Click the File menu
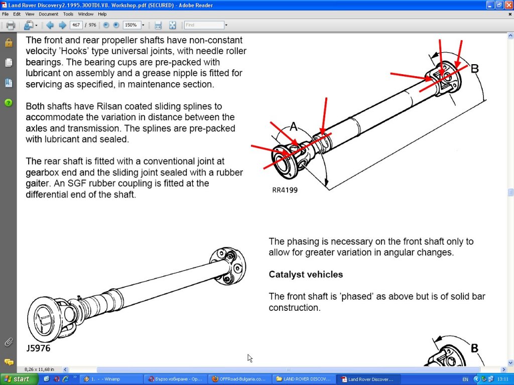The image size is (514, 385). [5, 14]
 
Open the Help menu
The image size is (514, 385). [102, 14]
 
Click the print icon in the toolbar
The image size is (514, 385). [11, 25]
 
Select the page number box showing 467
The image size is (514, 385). [76, 25]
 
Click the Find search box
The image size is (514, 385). [204, 25]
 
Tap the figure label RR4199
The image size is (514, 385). [285, 190]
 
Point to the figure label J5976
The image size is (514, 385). [38, 348]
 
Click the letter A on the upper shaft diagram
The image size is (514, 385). [293, 126]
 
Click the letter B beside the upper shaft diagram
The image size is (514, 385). [474, 68]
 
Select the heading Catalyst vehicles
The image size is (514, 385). [306, 274]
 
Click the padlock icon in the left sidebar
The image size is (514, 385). [9, 43]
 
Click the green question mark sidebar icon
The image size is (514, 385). [9, 103]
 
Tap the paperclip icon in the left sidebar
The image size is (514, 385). [9, 342]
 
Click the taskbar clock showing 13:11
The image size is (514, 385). [502, 379]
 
